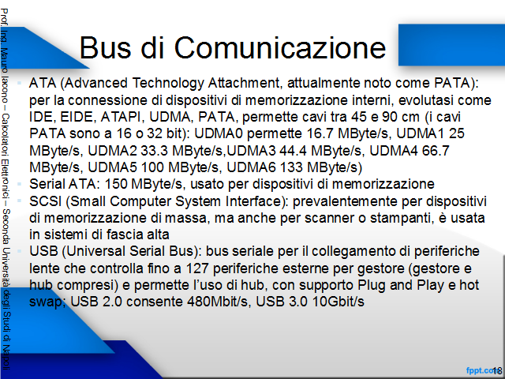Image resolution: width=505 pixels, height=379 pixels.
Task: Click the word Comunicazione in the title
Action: [x=280, y=47]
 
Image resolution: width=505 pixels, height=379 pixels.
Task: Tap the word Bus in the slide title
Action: [x=105, y=47]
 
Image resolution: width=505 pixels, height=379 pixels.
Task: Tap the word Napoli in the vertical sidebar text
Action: [x=6, y=358]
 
